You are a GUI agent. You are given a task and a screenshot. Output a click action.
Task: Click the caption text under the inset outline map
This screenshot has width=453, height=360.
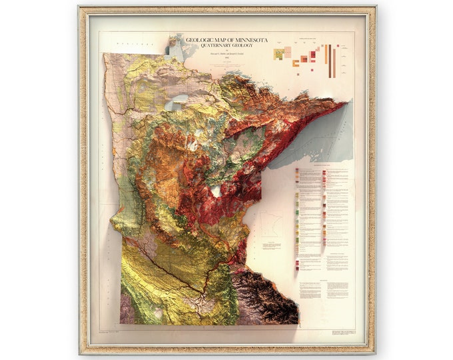tap(272, 246)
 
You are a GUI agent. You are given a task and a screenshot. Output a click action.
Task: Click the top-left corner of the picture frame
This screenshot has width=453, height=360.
tap(79, 7)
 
